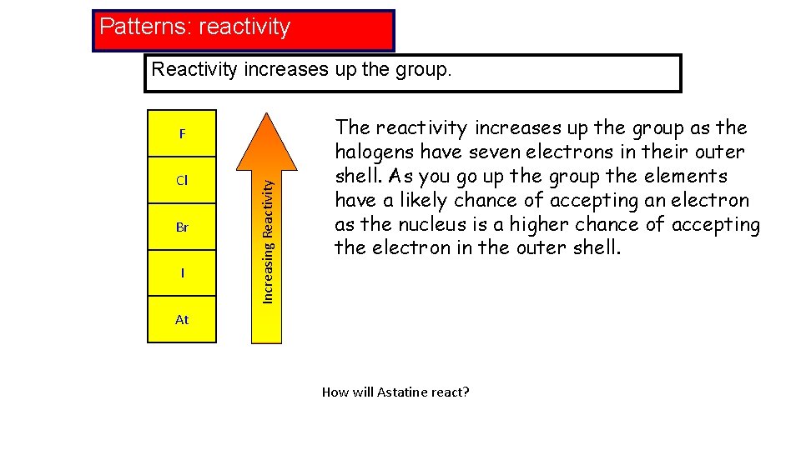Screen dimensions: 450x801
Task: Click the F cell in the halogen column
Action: click(x=182, y=133)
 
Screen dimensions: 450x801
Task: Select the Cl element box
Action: click(x=182, y=180)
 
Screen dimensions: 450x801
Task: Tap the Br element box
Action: click(x=182, y=227)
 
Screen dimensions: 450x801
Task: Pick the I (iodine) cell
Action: click(x=182, y=272)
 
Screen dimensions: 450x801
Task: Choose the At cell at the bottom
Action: click(x=182, y=319)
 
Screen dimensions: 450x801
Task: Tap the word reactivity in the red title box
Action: click(x=244, y=27)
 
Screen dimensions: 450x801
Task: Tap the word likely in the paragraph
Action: click(x=426, y=200)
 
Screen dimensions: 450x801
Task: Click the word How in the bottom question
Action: click(x=334, y=392)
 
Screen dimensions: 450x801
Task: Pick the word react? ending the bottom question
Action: click(x=451, y=392)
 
